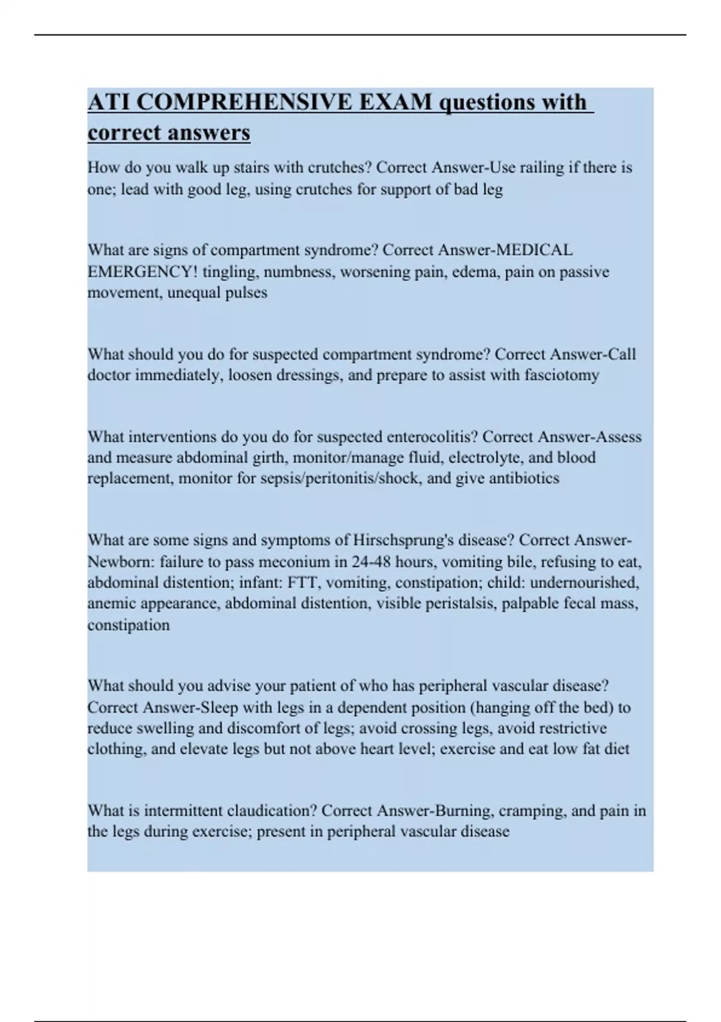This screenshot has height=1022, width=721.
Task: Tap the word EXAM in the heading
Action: click(396, 102)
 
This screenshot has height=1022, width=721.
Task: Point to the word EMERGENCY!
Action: click(142, 272)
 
